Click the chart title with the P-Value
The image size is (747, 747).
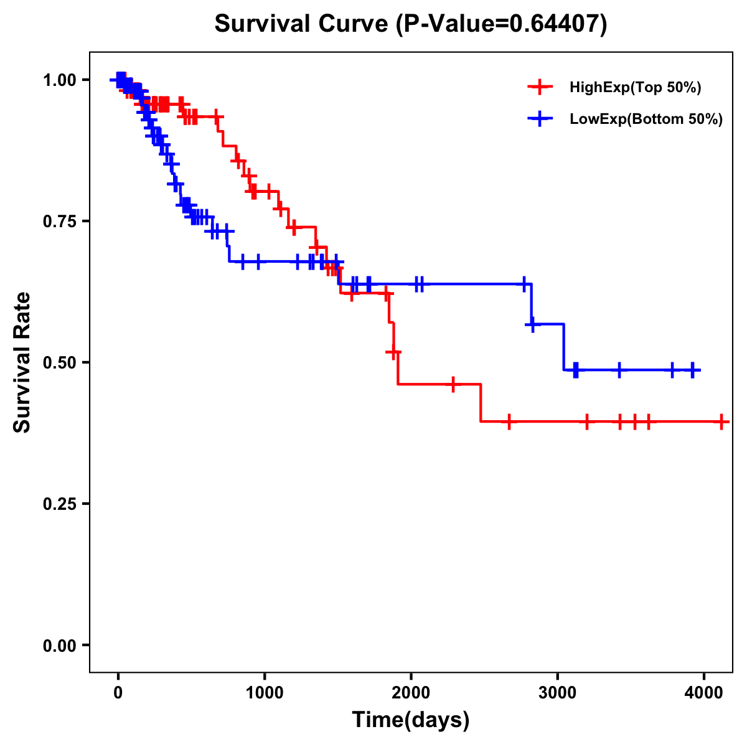411,24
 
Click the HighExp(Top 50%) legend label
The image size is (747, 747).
635,88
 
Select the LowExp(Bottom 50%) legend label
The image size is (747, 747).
646,120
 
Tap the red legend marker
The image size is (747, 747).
540,87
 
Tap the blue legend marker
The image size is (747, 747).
540,119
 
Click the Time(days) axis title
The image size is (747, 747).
411,720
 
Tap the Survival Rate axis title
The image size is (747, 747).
22,362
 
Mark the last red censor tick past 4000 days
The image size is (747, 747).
721,421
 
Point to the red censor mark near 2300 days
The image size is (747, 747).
453,384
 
